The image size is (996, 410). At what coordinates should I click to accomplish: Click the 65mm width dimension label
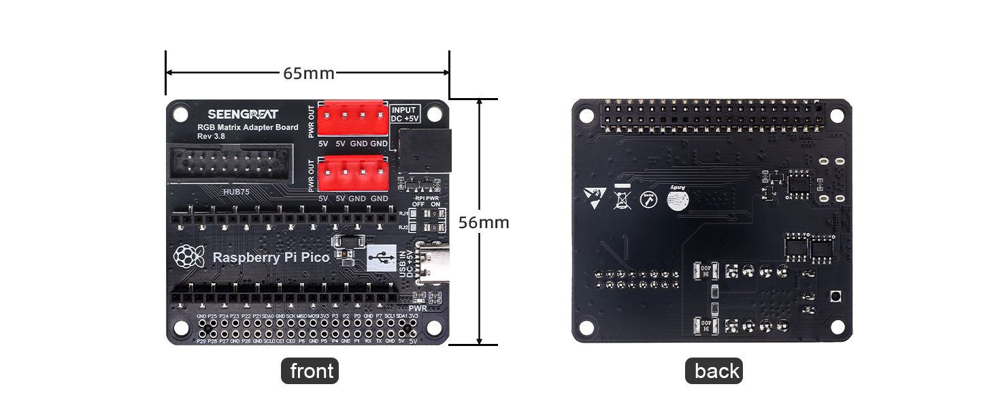click(x=308, y=73)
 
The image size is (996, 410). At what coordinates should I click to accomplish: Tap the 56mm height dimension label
click(x=483, y=223)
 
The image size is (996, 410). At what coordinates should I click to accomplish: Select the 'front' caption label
click(x=310, y=371)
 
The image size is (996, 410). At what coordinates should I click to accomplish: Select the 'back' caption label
click(x=714, y=371)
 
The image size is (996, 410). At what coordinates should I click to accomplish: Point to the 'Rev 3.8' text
click(x=212, y=136)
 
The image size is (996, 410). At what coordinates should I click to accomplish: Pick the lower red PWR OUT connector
click(x=353, y=174)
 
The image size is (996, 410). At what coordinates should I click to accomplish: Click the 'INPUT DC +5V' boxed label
click(x=405, y=114)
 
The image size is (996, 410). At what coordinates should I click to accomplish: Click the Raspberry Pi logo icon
click(x=190, y=257)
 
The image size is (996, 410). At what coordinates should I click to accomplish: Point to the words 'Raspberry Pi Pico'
click(x=271, y=257)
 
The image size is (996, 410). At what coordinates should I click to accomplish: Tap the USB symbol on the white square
click(x=380, y=258)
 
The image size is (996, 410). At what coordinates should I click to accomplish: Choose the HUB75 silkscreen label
click(x=237, y=192)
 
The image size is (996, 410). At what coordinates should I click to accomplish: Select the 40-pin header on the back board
click(x=712, y=116)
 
